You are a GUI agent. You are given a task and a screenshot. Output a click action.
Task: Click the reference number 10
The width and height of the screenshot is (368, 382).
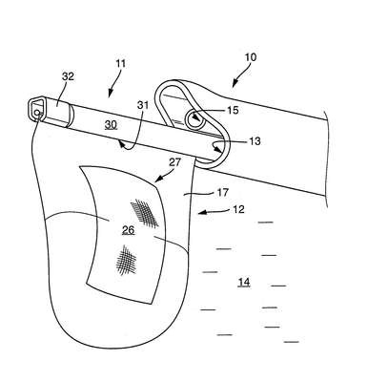coord(251,57)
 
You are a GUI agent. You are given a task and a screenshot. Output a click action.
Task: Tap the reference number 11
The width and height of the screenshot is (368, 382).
coord(121,63)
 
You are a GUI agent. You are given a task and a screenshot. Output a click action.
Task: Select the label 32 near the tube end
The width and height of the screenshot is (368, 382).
coord(68,76)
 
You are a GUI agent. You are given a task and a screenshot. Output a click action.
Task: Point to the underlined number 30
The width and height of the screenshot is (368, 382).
coord(111,125)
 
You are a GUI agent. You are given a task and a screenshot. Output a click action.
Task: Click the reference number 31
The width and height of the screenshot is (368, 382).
coord(142,105)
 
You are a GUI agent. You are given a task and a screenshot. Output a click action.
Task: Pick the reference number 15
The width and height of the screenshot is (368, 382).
coord(233,110)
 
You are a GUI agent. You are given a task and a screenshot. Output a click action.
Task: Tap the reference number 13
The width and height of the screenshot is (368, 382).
coord(255,140)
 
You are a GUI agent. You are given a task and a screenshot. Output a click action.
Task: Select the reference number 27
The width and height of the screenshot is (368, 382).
coord(174,162)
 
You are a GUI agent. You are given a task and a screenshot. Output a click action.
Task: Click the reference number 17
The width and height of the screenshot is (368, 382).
coord(222,192)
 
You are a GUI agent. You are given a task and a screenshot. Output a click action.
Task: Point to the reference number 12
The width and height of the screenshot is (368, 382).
coord(238,209)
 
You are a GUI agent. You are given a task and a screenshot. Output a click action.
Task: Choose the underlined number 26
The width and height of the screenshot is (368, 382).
coord(128,230)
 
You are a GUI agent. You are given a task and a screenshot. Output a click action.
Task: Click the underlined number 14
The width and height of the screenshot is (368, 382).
coord(244,282)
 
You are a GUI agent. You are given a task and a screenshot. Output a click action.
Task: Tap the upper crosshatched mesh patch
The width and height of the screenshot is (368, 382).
coord(145,213)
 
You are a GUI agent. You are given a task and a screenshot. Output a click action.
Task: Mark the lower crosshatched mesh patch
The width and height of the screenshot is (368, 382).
coord(126,260)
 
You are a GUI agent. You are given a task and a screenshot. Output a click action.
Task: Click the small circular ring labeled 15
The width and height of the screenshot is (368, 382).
coord(194,120)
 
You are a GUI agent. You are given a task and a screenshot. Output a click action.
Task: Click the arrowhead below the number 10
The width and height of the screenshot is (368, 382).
coord(235,84)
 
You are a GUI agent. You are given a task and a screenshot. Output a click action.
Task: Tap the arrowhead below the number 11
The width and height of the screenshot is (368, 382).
coord(111,93)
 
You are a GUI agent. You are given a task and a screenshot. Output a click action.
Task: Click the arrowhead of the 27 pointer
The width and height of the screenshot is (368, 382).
coord(156,180)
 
